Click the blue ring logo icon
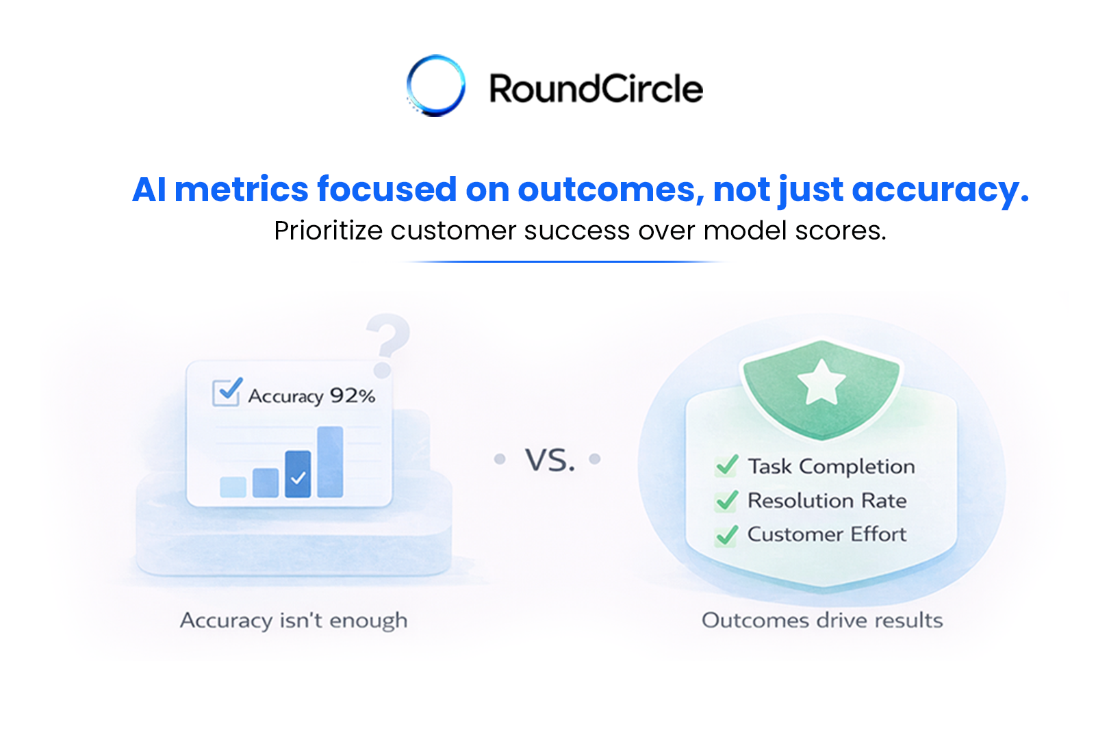pyautogui.click(x=436, y=86)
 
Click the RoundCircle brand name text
pyautogui.click(x=596, y=89)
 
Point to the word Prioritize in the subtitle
pyautogui.click(x=328, y=231)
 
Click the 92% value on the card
pyautogui.click(x=353, y=396)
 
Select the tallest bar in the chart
pyautogui.click(x=330, y=462)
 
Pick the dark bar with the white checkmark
pyautogui.click(x=298, y=474)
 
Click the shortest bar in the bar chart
pyautogui.click(x=233, y=487)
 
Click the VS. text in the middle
pyautogui.click(x=550, y=460)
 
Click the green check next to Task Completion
pyautogui.click(x=726, y=466)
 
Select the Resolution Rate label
pyautogui.click(x=827, y=500)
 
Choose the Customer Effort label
pyautogui.click(x=827, y=534)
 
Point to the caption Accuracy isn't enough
pyautogui.click(x=294, y=621)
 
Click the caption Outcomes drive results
pyautogui.click(x=822, y=621)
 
